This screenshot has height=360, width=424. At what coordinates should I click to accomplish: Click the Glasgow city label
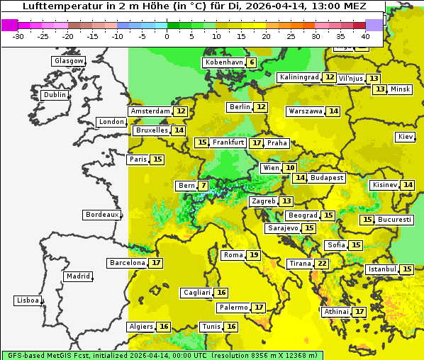(x=69, y=61)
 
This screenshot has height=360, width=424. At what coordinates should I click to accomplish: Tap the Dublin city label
(x=55, y=95)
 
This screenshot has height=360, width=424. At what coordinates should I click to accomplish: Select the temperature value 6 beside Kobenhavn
(x=252, y=62)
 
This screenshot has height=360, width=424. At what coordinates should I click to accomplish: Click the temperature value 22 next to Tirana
(x=322, y=264)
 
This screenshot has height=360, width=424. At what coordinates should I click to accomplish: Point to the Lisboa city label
(x=28, y=300)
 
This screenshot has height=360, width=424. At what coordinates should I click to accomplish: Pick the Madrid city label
(x=78, y=276)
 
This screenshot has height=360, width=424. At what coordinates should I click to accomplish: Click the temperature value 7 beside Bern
(x=203, y=186)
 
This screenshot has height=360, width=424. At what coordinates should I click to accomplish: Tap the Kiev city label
(x=406, y=137)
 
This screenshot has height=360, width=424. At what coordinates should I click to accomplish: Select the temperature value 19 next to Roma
(x=254, y=255)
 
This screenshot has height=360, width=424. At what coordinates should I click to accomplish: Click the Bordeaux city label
(x=102, y=215)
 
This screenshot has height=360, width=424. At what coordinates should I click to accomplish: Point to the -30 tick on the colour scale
(x=18, y=35)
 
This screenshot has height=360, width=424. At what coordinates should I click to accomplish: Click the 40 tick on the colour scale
(x=365, y=35)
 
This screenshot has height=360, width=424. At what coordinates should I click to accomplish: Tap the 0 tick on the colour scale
(x=167, y=35)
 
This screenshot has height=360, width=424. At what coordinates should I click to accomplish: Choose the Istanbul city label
(x=382, y=270)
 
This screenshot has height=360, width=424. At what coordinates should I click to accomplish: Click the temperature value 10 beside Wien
(x=290, y=168)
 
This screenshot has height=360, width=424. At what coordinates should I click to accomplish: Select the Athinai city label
(x=336, y=312)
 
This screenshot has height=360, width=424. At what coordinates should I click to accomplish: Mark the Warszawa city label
(x=306, y=111)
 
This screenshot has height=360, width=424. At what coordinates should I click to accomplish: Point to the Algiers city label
(x=140, y=327)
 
